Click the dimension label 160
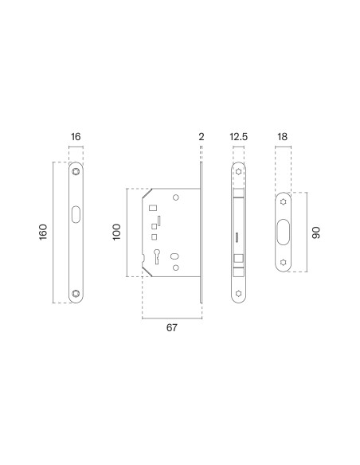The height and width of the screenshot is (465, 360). point(43,232)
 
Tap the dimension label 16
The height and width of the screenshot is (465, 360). point(76,137)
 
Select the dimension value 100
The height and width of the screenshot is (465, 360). point(117,232)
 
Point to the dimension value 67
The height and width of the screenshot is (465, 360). point(172,328)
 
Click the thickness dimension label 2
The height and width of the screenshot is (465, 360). point(202,137)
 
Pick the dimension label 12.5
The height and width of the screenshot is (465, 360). point(238,137)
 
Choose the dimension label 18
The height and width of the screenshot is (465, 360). point(282,137)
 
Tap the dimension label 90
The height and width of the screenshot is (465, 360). point(316,232)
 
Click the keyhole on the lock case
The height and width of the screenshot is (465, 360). point(157,256)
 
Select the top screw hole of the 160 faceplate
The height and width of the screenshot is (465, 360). point(76,171)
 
